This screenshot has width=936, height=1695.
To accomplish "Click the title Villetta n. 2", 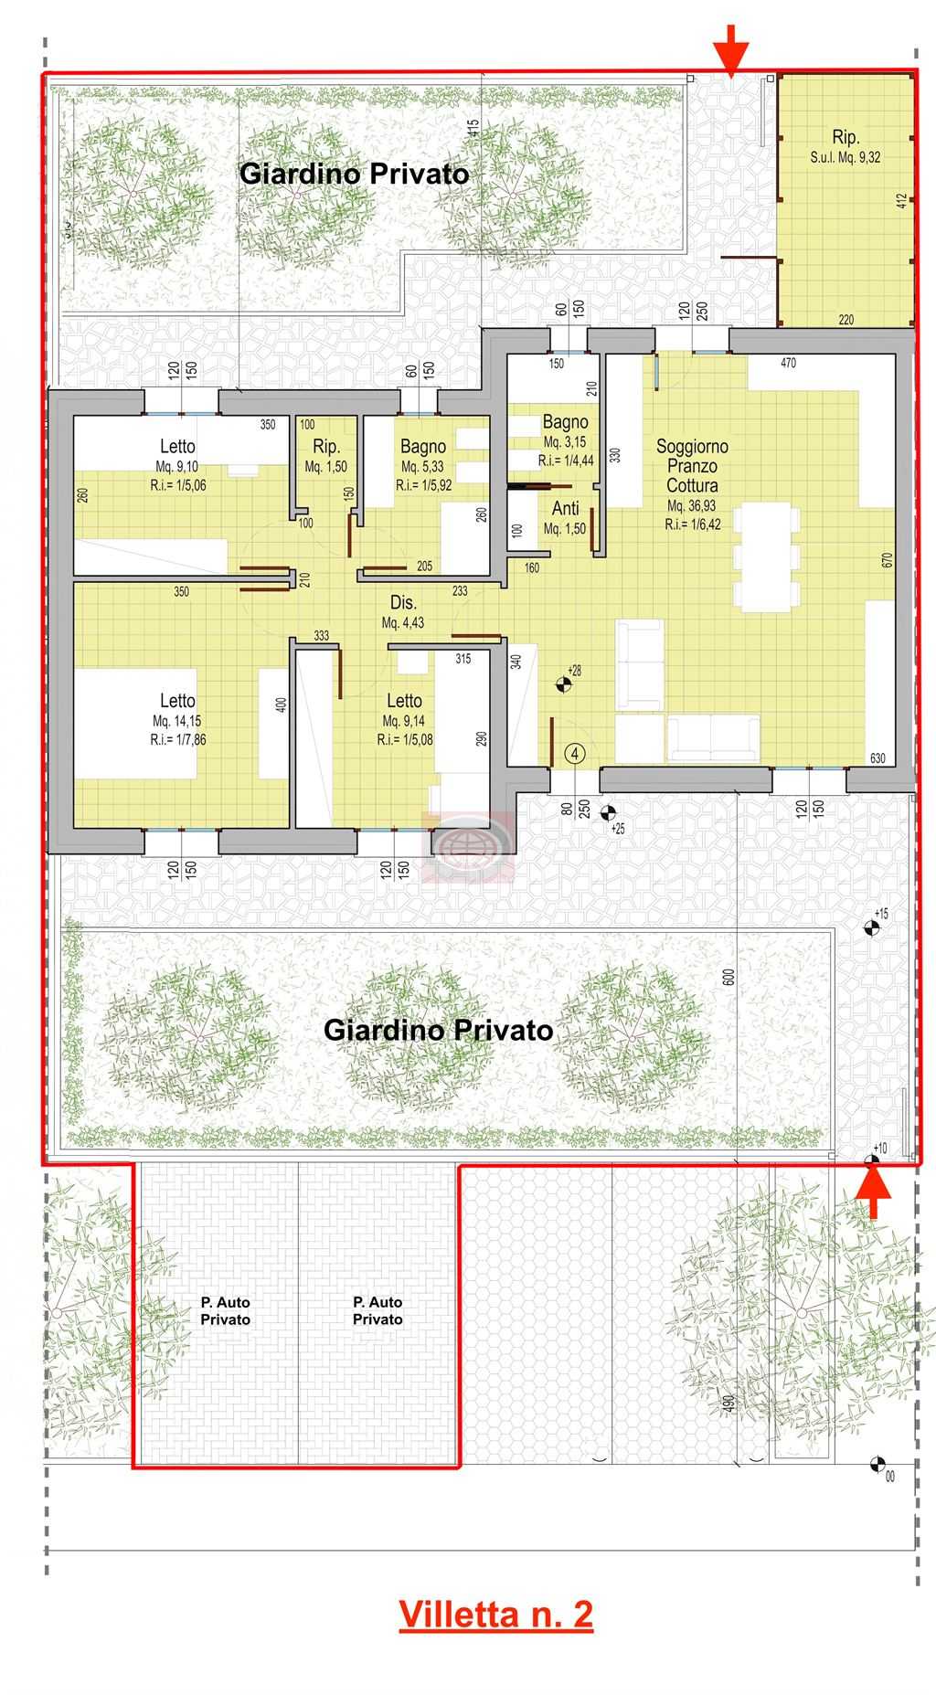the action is click(x=495, y=1613).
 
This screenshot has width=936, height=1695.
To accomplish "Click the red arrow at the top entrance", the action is click(x=731, y=50).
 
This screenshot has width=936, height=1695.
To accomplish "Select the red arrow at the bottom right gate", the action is click(x=874, y=1192).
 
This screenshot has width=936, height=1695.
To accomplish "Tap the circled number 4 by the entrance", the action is click(x=574, y=753).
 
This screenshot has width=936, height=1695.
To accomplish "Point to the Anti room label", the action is click(x=565, y=517).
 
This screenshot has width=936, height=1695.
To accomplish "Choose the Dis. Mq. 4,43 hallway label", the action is click(x=403, y=612).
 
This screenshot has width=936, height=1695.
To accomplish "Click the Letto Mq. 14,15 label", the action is click(x=177, y=719).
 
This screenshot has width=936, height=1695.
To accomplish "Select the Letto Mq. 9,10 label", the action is click(x=177, y=466).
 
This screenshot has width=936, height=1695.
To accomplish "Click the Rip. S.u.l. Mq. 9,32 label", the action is click(x=846, y=146).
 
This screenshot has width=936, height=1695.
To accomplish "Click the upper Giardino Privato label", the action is click(x=354, y=174).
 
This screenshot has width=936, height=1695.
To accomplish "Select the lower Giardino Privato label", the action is click(x=439, y=1030).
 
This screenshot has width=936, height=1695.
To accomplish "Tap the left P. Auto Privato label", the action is click(x=225, y=1310).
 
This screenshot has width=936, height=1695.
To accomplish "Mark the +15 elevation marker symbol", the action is click(x=872, y=927).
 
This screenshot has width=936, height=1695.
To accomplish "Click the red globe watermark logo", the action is click(x=468, y=847).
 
